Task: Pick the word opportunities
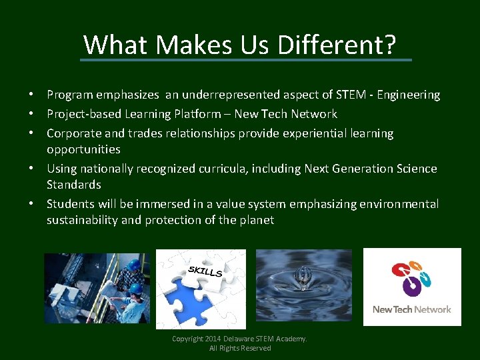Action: (83, 149)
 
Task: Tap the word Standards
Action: (73, 185)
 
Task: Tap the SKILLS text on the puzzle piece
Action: (205, 271)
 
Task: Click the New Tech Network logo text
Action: (411, 309)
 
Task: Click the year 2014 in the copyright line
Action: (215, 339)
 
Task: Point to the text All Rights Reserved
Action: (240, 348)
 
